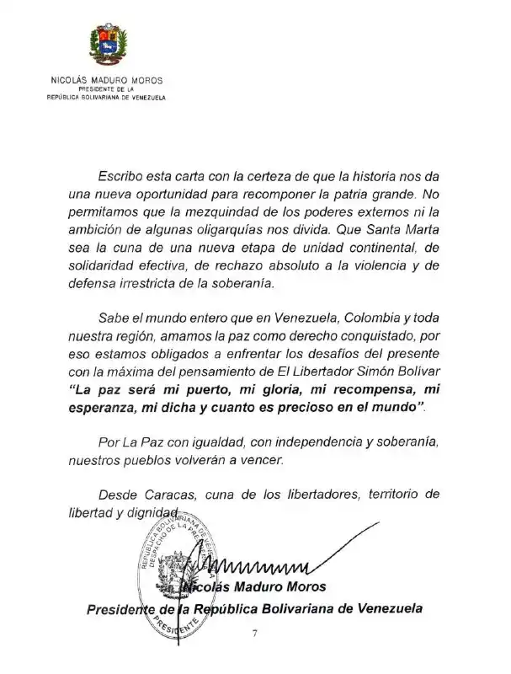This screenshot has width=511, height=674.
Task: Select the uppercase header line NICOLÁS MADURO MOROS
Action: pyautogui.click(x=106, y=81)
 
